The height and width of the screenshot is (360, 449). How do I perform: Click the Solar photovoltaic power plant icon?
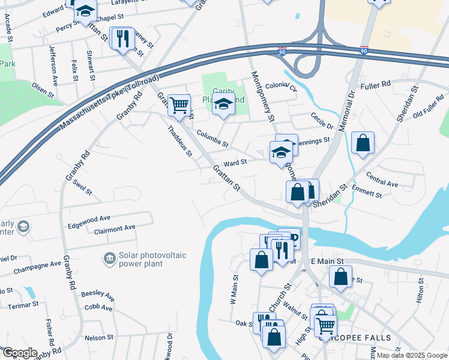[109, 258]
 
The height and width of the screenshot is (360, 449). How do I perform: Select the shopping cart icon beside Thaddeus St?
[179, 106]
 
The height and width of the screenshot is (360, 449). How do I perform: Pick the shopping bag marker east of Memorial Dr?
[363, 144]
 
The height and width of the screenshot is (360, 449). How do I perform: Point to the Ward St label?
[235, 162]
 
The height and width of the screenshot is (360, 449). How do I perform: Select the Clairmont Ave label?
[115, 229]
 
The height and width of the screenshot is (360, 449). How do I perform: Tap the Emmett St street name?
[367, 193]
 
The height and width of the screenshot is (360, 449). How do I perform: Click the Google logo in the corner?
[19, 353]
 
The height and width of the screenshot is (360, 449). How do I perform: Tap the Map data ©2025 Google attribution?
[410, 355]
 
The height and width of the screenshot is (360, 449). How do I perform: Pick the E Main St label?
[327, 262]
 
